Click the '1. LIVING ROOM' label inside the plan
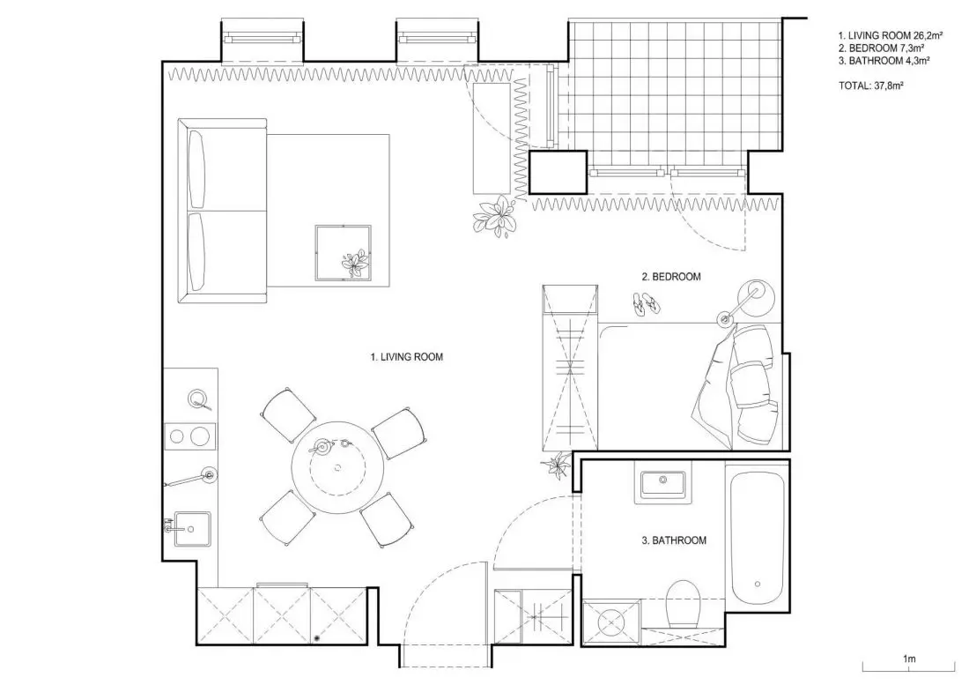[407, 357]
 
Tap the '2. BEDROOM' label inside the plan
[671, 277]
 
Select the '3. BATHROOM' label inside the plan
[674, 540]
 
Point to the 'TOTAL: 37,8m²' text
[870, 86]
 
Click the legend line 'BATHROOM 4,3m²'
[890, 61]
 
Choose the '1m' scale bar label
[909, 659]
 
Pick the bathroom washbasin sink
[662, 484]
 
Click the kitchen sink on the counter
[191, 529]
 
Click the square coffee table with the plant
[344, 253]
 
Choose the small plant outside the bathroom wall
[558, 465]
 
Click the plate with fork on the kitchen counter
[197, 399]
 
